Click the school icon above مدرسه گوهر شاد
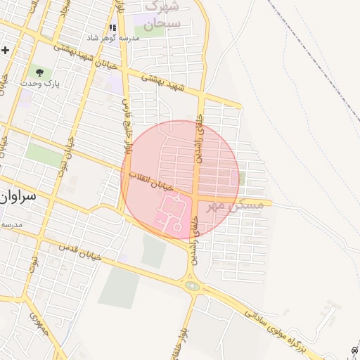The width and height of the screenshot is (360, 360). coord(112,28)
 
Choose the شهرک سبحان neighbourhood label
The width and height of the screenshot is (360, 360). coord(162,15)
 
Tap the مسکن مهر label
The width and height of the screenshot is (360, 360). coord(240,205)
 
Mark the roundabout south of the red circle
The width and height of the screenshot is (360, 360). coord(191,285)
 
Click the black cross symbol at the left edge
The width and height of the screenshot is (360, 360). coord(5,51)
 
